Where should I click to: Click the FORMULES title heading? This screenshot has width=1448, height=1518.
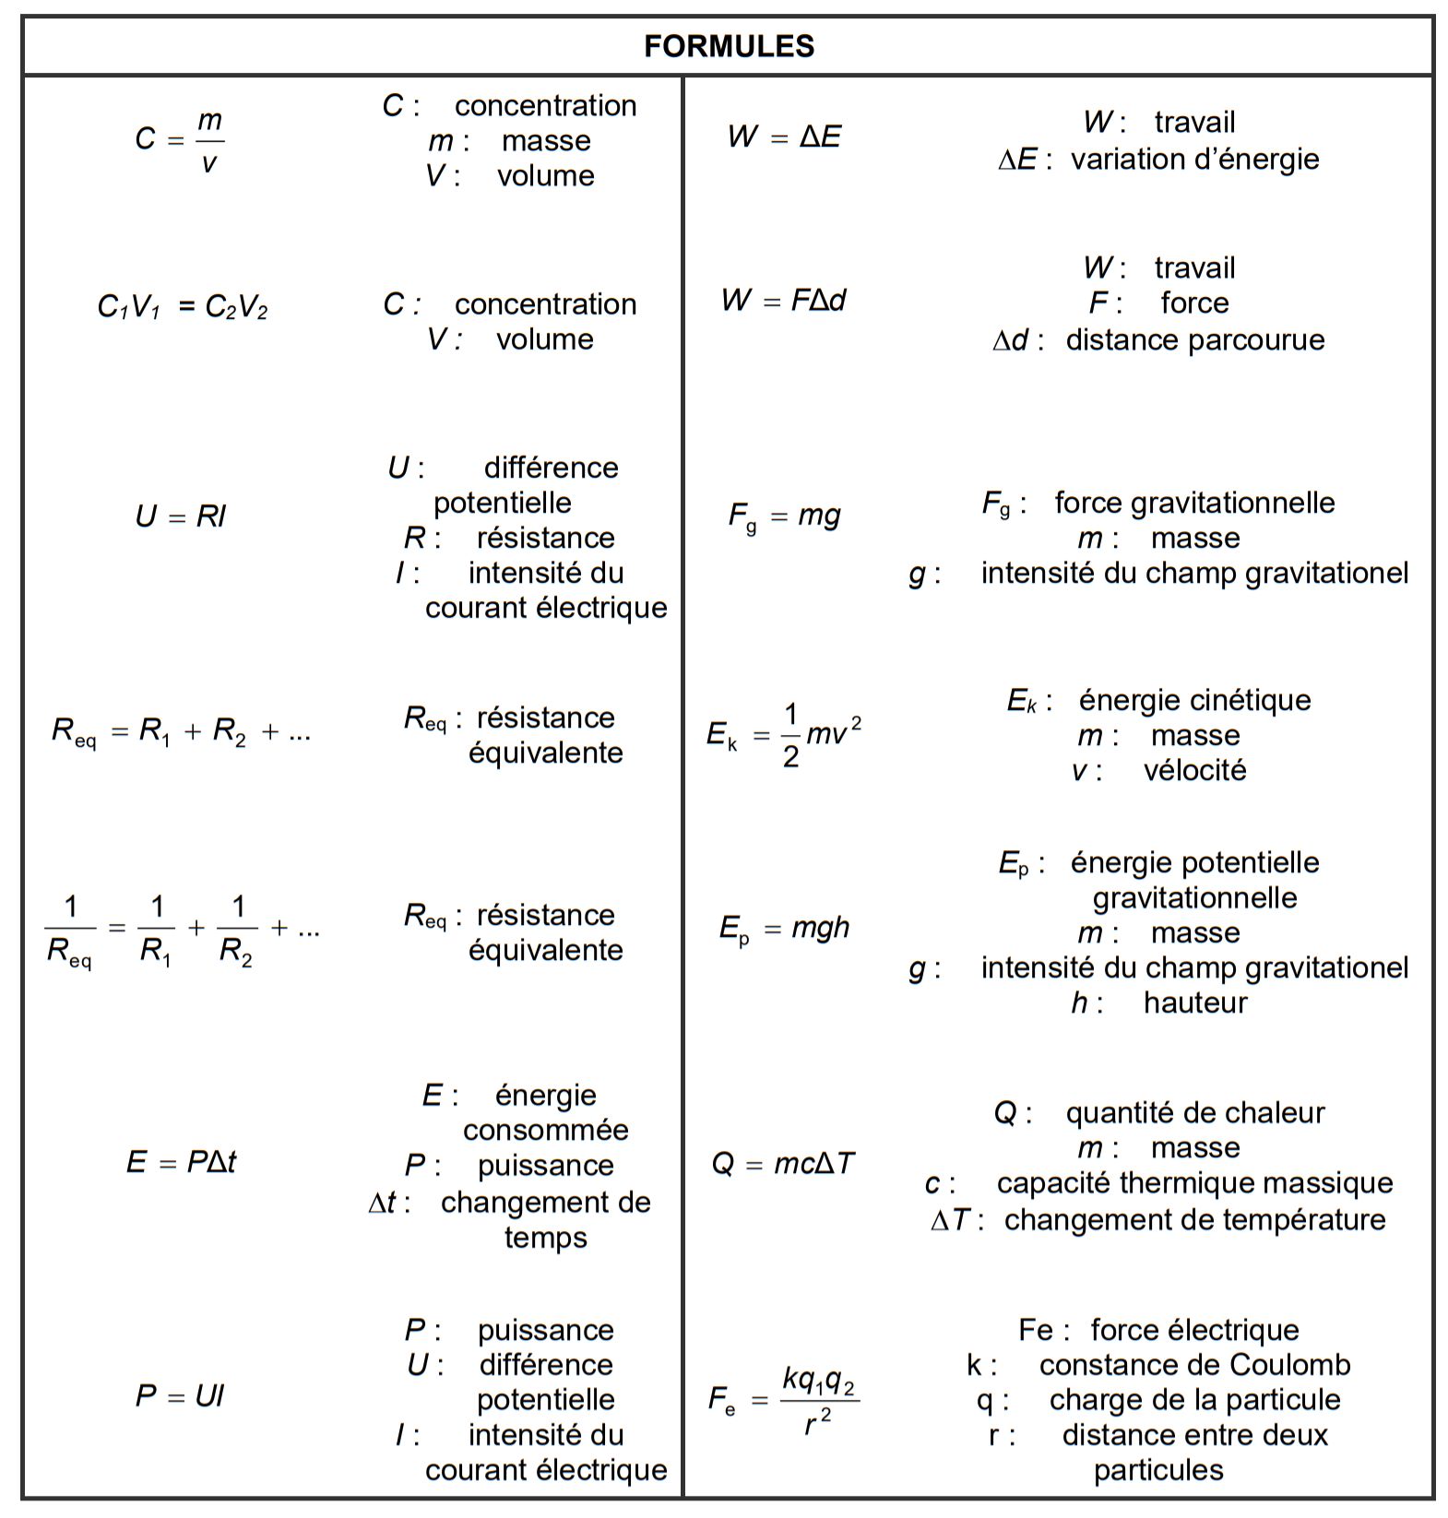pyautogui.click(x=729, y=46)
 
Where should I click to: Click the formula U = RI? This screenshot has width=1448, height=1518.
pyautogui.click(x=181, y=516)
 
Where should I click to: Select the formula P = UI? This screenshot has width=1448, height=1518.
pyautogui.click(x=180, y=1395)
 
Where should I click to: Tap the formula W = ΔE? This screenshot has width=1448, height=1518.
pyautogui.click(x=784, y=137)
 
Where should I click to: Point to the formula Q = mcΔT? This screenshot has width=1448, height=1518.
pyautogui.click(x=783, y=1164)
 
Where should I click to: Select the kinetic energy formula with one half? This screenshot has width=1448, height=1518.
pyautogui.click(x=784, y=735)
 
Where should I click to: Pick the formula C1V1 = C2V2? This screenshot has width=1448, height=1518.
pyautogui.click(x=183, y=306)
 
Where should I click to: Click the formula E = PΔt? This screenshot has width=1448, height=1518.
pyautogui.click(x=181, y=1162)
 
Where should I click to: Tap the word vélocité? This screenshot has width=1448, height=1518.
pyautogui.click(x=1194, y=770)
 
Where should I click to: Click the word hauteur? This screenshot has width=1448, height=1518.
pyautogui.click(x=1195, y=1002)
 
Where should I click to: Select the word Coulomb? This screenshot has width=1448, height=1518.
pyautogui.click(x=1297, y=1364)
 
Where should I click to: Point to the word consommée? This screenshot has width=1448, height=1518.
pyautogui.click(x=545, y=1130)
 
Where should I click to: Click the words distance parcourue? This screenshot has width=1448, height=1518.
pyautogui.click(x=1194, y=339)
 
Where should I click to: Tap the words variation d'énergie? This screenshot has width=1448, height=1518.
pyautogui.click(x=1194, y=159)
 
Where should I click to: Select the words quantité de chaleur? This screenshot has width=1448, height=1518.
pyautogui.click(x=1194, y=1113)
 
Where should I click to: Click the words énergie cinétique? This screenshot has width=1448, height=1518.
pyautogui.click(x=1194, y=700)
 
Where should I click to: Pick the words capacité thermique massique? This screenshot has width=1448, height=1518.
pyautogui.click(x=1194, y=1183)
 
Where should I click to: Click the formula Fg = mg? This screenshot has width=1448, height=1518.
pyautogui.click(x=784, y=516)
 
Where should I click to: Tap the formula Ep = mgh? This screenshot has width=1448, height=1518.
pyautogui.click(x=784, y=928)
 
